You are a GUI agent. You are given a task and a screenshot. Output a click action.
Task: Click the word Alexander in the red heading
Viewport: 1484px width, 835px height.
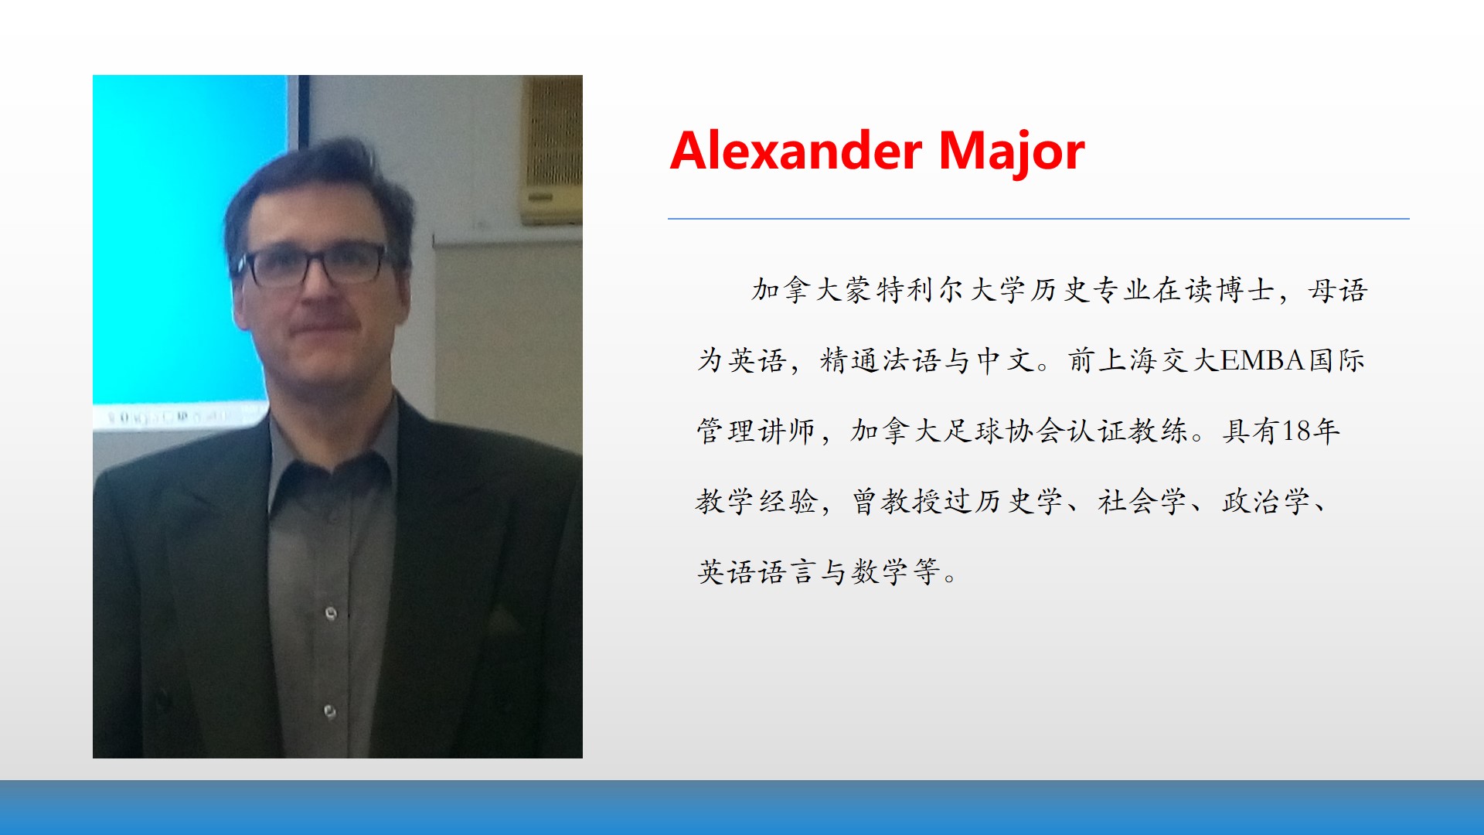pos(796,151)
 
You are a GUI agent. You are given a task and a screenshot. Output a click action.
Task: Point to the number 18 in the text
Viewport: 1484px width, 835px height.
pos(1296,431)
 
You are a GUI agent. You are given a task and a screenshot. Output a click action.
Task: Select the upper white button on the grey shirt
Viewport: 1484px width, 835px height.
pos(331,614)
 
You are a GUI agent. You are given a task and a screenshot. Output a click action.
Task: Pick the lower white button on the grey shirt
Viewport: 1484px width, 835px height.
pos(330,711)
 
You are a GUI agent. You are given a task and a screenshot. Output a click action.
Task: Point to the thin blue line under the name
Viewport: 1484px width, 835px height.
pos(1038,219)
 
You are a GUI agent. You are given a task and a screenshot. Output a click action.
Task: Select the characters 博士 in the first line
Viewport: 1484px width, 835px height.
pos(1246,290)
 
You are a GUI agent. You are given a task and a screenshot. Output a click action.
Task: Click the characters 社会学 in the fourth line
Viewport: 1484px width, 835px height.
pos(1142,502)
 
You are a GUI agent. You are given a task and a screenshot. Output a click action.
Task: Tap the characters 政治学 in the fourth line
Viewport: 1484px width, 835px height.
pos(1266,502)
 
